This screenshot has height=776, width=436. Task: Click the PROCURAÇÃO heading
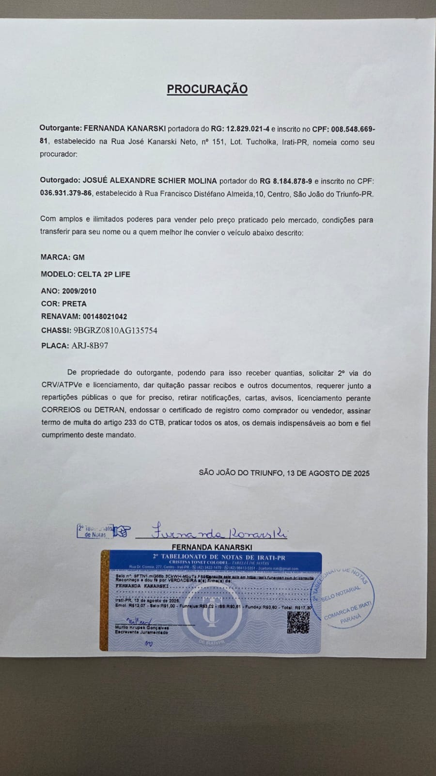tap(207, 89)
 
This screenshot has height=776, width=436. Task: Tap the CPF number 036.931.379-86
tap(66, 194)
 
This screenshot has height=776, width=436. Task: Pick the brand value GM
tap(78, 258)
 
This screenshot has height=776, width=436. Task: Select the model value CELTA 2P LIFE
tap(104, 275)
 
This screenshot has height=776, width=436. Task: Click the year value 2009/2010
tap(79, 291)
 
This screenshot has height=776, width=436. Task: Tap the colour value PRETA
tap(74, 304)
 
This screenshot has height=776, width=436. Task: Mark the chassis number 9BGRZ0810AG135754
tap(115, 331)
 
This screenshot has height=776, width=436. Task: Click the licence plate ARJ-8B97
tap(90, 346)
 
